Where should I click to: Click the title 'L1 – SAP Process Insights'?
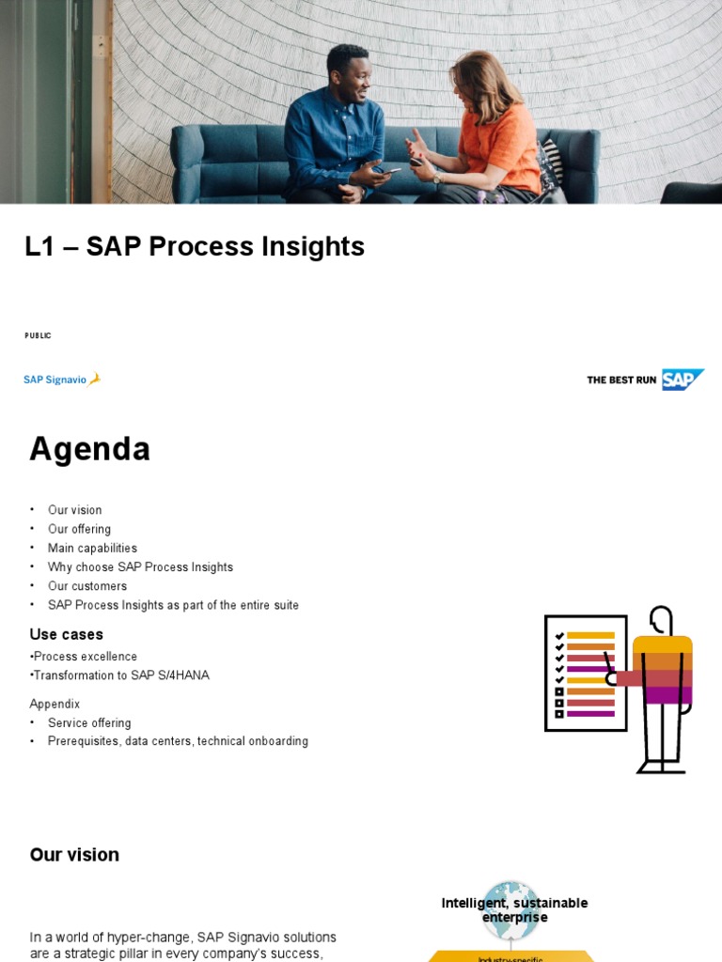(x=195, y=246)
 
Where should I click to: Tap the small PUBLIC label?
(x=38, y=335)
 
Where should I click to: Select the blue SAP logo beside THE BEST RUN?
(x=682, y=380)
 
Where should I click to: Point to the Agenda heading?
(x=89, y=449)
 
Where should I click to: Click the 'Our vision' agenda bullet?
(x=75, y=510)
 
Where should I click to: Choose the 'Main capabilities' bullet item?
(x=92, y=548)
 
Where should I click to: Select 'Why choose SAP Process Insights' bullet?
(x=140, y=567)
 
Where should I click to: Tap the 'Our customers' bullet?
(x=87, y=586)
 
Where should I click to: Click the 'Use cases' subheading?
(x=67, y=634)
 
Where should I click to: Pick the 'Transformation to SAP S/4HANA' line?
(x=121, y=675)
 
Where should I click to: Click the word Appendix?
(x=55, y=704)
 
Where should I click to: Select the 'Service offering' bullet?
(x=89, y=722)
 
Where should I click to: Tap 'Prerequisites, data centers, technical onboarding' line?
(x=178, y=741)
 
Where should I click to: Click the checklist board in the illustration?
(x=585, y=673)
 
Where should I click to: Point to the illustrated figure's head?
(x=662, y=620)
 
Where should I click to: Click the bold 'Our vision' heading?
(x=74, y=855)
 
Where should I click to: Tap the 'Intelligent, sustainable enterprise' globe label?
(x=514, y=909)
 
